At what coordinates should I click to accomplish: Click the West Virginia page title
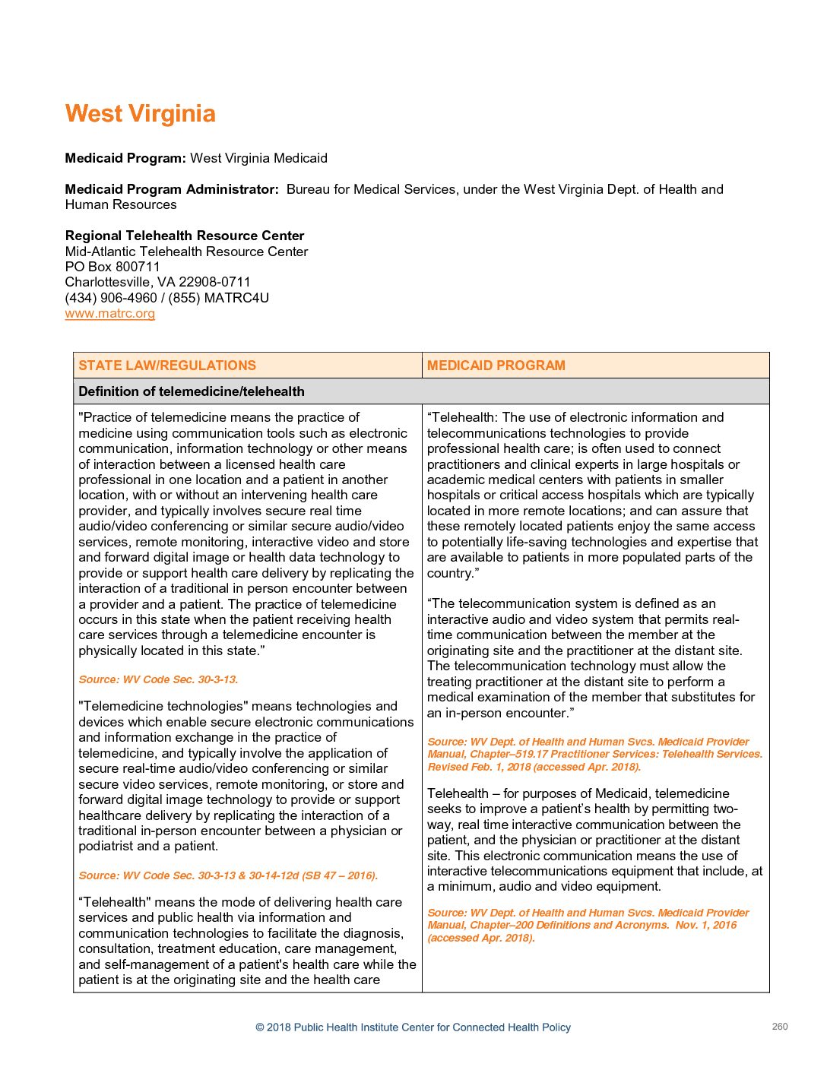[x=140, y=114]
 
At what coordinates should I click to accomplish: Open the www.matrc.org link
[x=109, y=314]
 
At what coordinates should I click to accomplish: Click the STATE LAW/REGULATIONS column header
[x=167, y=366]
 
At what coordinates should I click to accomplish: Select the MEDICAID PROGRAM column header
[x=496, y=366]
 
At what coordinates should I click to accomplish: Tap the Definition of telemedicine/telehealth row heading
[x=191, y=391]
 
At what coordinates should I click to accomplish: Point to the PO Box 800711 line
[x=112, y=267]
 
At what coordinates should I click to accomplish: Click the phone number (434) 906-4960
[x=111, y=298]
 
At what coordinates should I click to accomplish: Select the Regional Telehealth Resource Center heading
[x=185, y=236]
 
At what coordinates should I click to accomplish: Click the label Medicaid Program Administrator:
[x=172, y=189]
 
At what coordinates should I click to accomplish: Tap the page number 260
[x=780, y=1027]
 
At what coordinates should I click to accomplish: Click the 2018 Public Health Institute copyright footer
[x=413, y=1027]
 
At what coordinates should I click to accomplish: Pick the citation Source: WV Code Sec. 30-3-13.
[x=158, y=679]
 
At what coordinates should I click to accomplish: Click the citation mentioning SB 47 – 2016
[x=228, y=875]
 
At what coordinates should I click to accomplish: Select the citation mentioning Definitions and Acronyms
[x=588, y=925]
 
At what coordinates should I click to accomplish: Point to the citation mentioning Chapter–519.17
[x=594, y=754]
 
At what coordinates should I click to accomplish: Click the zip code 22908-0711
[x=214, y=282]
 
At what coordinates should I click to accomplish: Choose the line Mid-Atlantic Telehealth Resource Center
[x=186, y=252]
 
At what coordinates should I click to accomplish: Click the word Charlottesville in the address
[x=109, y=282]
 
